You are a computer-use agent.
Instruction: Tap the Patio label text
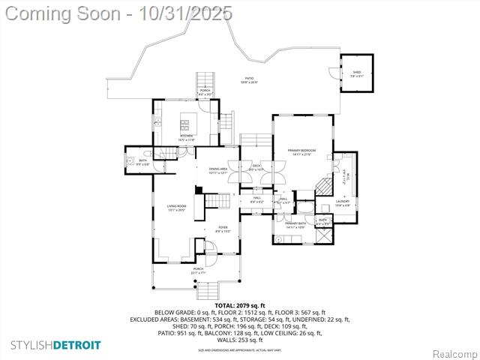point(249,80)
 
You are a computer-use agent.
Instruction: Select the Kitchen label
point(187,137)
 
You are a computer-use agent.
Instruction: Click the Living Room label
point(176,208)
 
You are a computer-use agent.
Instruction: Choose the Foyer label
point(223,229)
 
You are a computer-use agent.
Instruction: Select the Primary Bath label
point(295,224)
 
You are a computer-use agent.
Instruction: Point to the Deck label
point(256,167)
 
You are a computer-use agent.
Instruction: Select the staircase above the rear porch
point(205,80)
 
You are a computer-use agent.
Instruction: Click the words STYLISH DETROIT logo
point(55,345)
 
